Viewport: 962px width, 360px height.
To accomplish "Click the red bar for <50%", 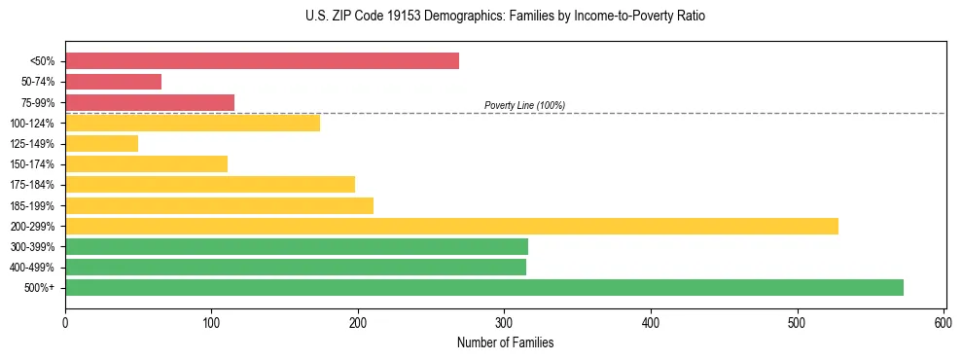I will (262, 61).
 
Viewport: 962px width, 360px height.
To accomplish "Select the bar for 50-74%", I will (113, 82).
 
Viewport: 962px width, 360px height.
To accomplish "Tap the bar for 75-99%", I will (150, 102).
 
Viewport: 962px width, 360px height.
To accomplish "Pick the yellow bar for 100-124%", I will (193, 123).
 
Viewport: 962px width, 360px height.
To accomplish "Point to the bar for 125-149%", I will (101, 143).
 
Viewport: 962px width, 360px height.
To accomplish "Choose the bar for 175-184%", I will (210, 184).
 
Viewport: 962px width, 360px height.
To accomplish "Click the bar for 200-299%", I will (451, 226).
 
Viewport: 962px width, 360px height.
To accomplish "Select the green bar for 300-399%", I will (297, 246).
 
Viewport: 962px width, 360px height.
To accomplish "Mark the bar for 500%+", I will (484, 287).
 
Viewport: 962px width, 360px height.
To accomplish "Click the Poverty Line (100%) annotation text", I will (524, 105).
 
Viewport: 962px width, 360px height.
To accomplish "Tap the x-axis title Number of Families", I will (505, 342).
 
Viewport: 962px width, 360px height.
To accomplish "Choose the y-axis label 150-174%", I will (33, 164).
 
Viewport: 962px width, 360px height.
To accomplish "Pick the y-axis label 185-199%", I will (33, 205).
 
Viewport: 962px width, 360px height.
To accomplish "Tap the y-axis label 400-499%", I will (33, 268).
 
